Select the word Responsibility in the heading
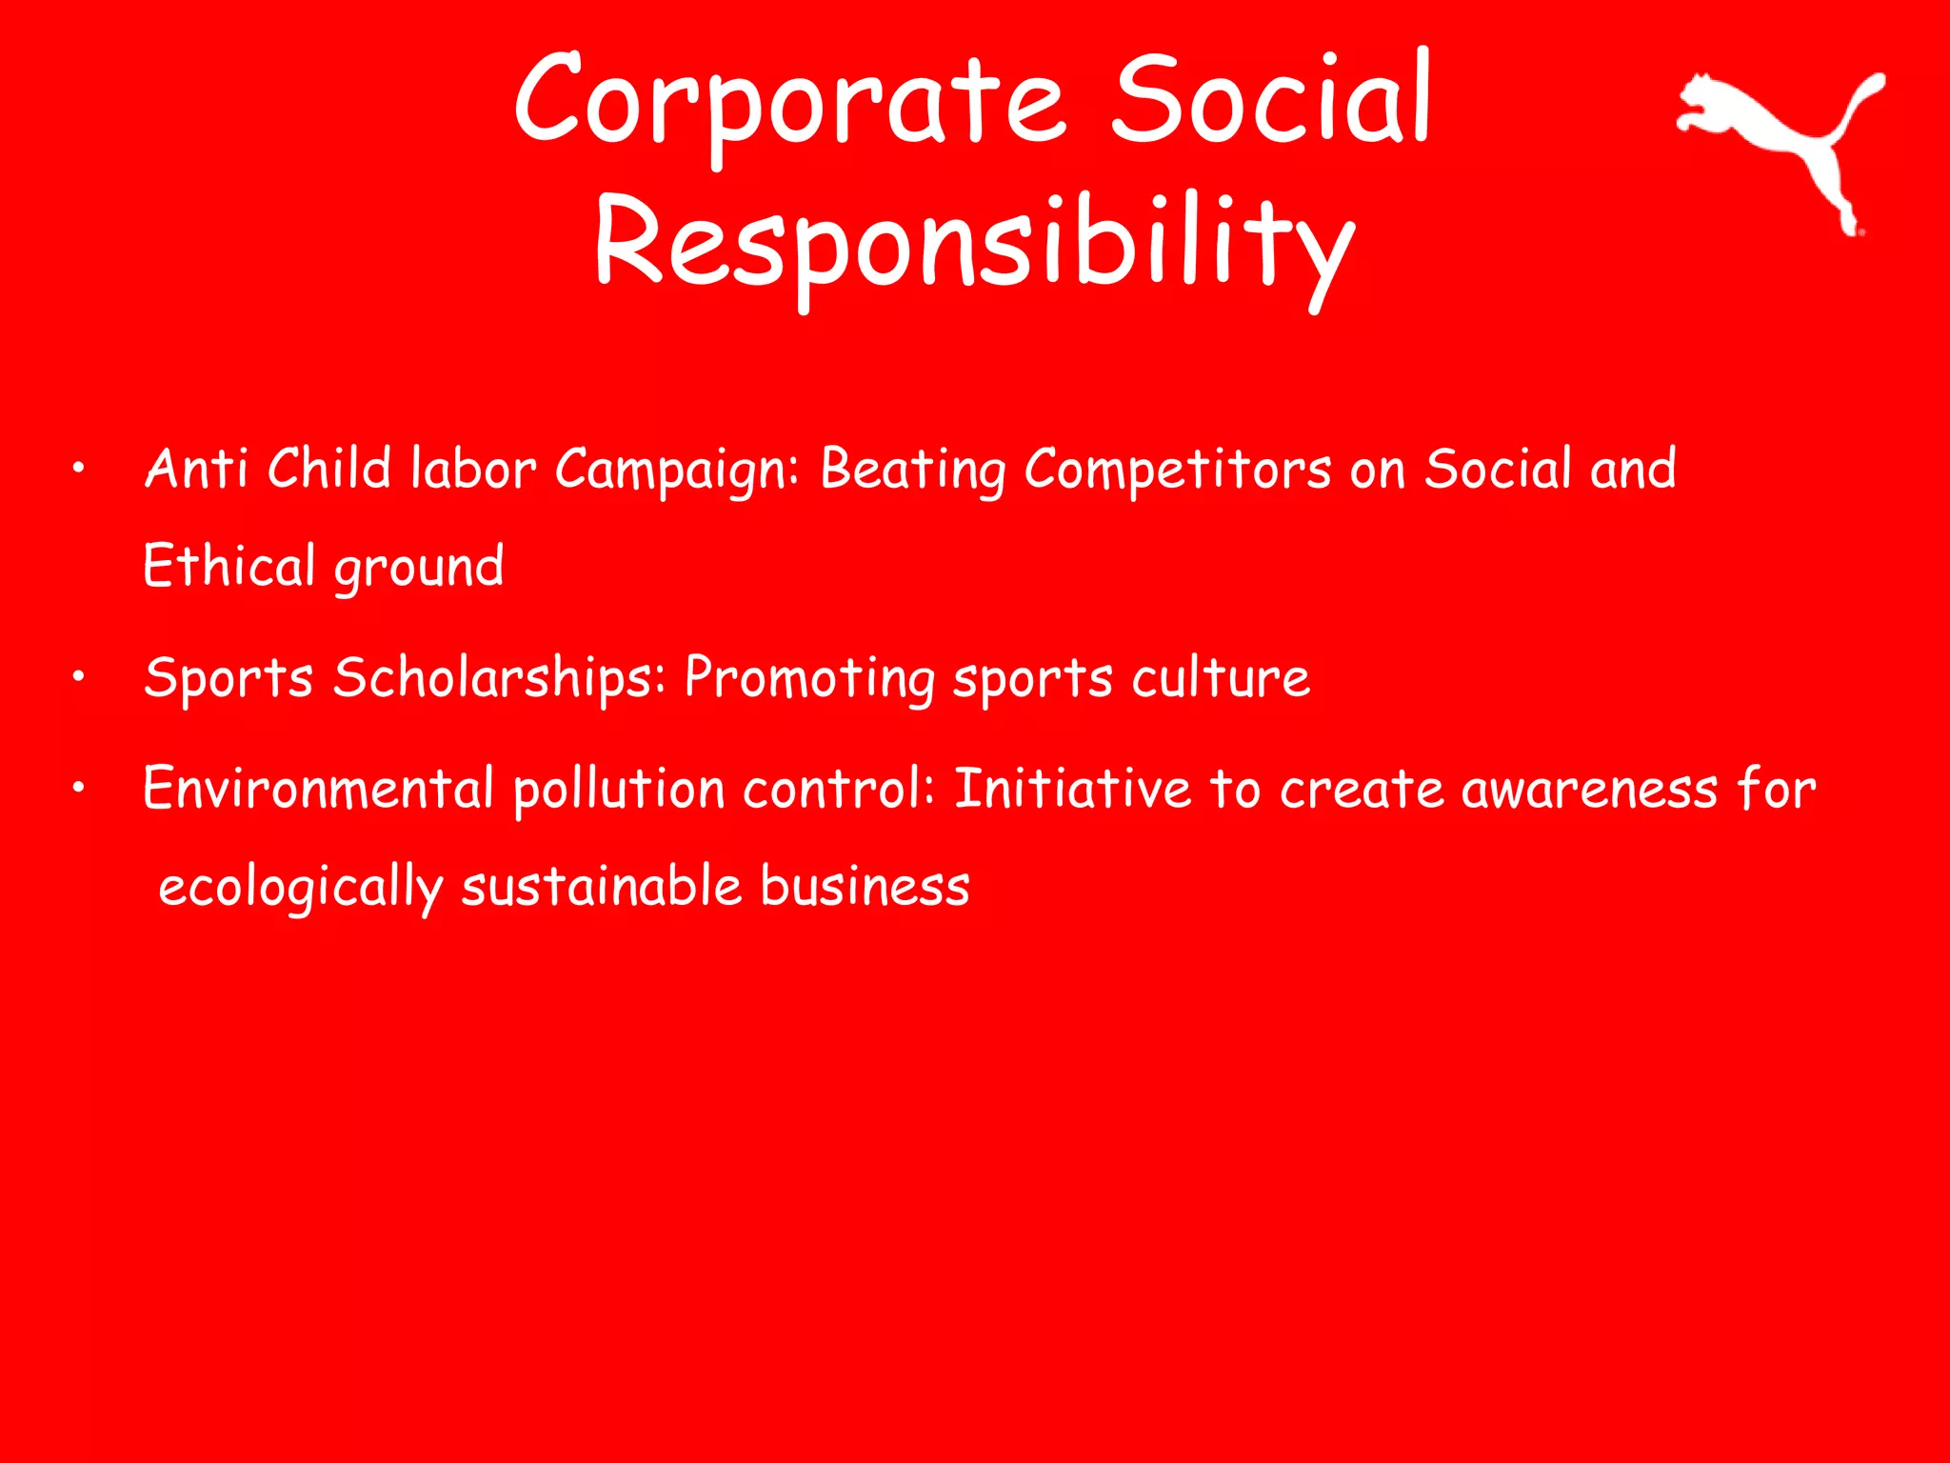(x=974, y=244)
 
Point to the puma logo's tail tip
(x=1876, y=80)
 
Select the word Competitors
(x=1178, y=470)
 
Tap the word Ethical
(x=229, y=566)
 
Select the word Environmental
(x=318, y=789)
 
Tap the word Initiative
(x=1072, y=789)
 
